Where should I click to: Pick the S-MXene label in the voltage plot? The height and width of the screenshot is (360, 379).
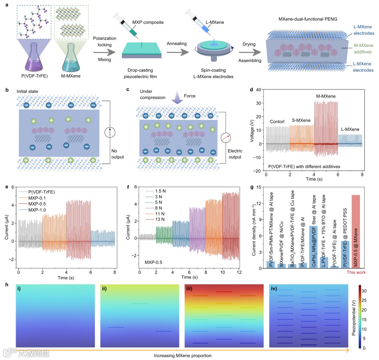pyautogui.click(x=301, y=121)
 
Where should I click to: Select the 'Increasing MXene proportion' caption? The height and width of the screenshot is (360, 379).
pyautogui.click(x=182, y=355)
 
